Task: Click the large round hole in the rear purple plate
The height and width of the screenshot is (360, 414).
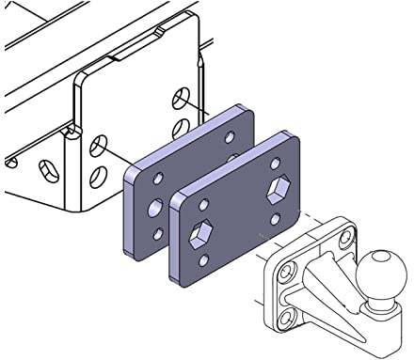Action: pos(153,206)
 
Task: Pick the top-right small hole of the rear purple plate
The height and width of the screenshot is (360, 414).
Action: pos(231,136)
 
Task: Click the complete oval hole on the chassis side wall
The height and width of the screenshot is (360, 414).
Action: pos(44,170)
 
